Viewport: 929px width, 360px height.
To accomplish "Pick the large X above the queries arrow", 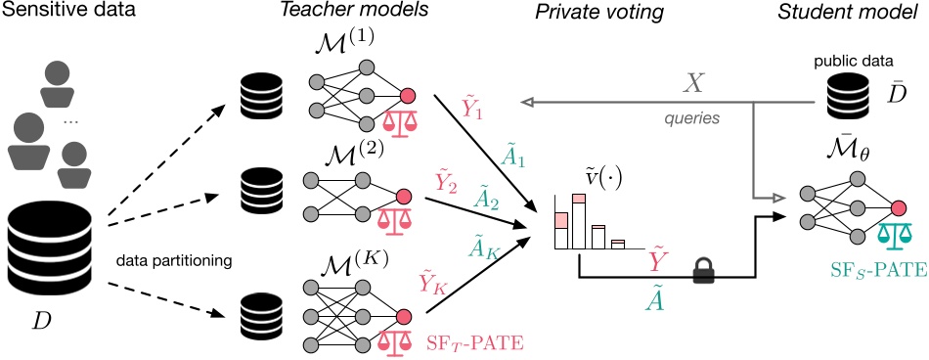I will (x=692, y=82).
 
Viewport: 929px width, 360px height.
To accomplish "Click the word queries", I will (x=692, y=115).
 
